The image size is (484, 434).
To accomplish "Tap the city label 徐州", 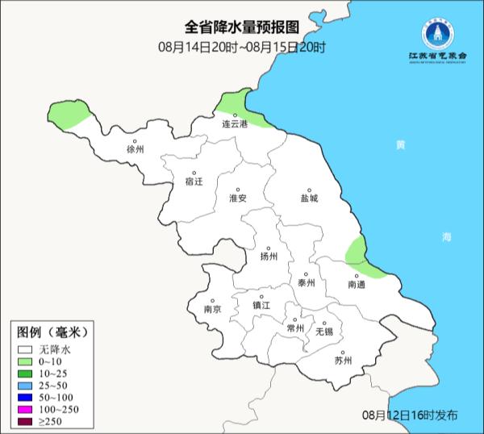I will pos(135,150).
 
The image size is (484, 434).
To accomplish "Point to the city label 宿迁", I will pos(194,182).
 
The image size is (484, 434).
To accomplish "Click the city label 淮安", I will pos(237,198).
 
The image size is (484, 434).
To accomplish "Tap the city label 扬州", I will pos(269,257).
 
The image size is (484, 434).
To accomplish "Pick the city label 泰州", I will pos(306,283).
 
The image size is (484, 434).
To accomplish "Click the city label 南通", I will pos(357,286).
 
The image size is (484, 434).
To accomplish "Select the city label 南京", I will pos(213,309).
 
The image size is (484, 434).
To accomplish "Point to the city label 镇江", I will pos(261,305).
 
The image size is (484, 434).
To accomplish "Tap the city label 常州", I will pos(295,328).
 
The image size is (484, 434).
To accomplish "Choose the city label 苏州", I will pos(343,361).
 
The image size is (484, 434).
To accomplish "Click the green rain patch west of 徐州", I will pos(68,113).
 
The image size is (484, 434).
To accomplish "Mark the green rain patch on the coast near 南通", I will pos(357,252).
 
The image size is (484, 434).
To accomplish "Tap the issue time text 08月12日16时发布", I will pos(410,415).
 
